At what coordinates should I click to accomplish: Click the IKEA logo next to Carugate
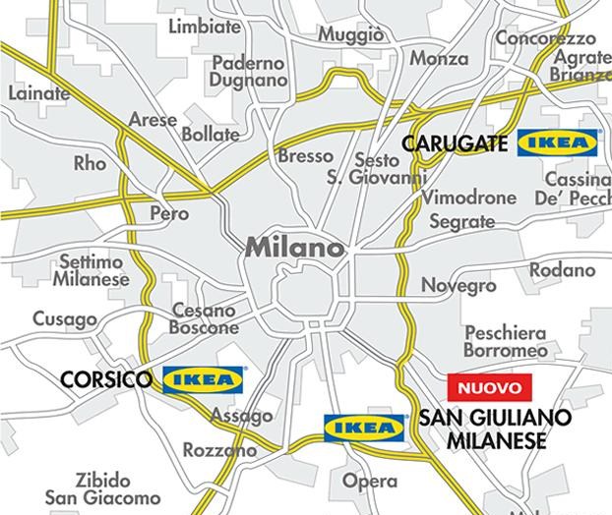click(558, 143)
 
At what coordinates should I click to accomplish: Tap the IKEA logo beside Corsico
click(204, 378)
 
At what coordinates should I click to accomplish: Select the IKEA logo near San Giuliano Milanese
click(365, 428)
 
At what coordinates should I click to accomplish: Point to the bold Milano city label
click(295, 247)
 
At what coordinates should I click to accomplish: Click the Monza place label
click(439, 59)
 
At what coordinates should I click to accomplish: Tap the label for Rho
click(90, 163)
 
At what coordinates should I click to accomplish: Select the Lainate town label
click(39, 93)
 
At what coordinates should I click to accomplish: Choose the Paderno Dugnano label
click(248, 72)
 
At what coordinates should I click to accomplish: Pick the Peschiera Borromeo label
click(506, 341)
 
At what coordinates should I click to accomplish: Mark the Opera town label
click(370, 482)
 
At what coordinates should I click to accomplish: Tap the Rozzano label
click(219, 450)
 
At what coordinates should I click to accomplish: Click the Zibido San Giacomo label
click(102, 489)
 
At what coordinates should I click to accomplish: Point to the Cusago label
click(65, 318)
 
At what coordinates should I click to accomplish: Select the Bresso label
click(305, 156)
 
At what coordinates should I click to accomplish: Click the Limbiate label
click(205, 27)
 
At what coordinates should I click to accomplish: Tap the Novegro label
click(459, 285)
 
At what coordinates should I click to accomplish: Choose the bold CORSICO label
click(105, 379)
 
